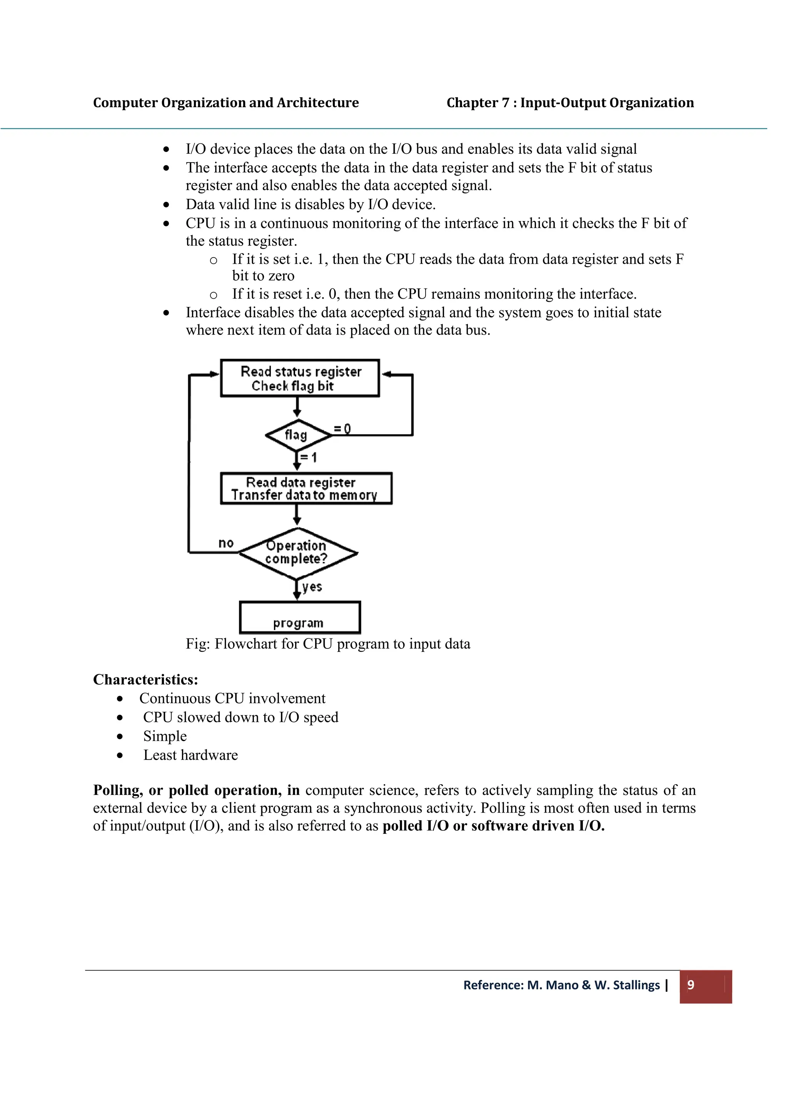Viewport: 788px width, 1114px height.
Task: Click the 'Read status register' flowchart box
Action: point(300,379)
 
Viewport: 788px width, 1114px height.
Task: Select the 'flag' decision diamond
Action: point(297,435)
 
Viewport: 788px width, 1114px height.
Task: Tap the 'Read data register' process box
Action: point(306,489)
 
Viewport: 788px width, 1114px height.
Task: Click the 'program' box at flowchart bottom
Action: point(300,618)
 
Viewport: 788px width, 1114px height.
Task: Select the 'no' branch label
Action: point(226,543)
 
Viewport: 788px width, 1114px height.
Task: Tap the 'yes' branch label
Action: point(312,587)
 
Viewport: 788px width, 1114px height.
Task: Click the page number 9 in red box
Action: point(691,984)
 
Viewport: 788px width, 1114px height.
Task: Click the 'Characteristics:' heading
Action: point(146,679)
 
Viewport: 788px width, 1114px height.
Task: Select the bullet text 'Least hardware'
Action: point(190,755)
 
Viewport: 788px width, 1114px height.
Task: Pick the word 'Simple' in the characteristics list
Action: point(165,736)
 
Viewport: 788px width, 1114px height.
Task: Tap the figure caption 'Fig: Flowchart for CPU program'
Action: point(328,644)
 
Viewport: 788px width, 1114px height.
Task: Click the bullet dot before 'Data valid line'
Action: point(167,205)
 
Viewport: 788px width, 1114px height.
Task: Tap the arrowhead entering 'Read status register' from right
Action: point(386,374)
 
